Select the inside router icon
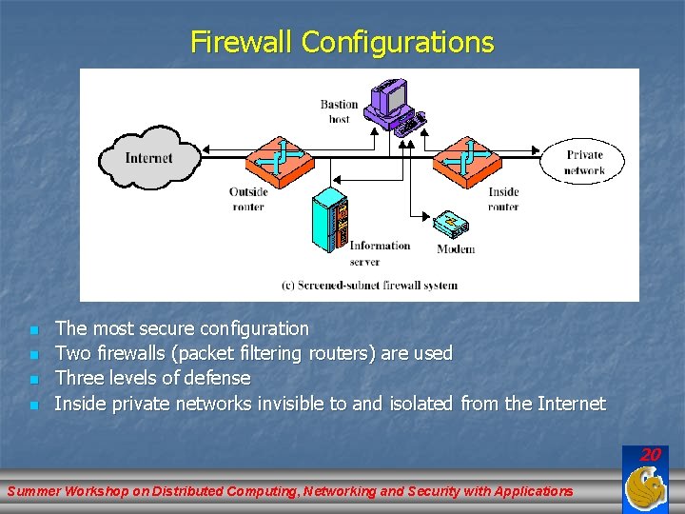pos(466,156)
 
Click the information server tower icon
pos(330,221)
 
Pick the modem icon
pos(451,225)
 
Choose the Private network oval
pos(584,162)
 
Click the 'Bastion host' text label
pos(339,111)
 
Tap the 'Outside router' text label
pos(248,198)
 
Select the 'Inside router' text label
pos(503,198)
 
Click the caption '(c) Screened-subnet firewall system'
pos(369,285)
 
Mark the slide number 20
pos(650,455)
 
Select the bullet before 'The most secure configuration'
pos(33,330)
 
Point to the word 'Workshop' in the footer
pos(105,491)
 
